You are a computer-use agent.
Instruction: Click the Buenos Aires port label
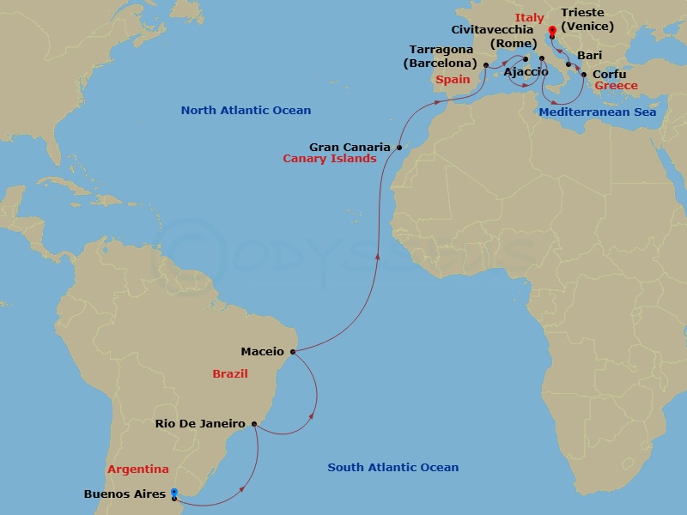click(x=125, y=494)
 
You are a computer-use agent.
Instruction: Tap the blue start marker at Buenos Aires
click(x=174, y=494)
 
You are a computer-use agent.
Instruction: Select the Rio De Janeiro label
click(x=200, y=423)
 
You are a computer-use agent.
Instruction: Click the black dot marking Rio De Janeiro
click(x=254, y=423)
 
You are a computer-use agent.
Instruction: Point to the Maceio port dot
click(x=294, y=351)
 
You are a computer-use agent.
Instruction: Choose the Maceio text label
click(x=262, y=351)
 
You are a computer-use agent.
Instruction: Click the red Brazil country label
click(x=230, y=373)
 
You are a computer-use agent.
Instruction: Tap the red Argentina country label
click(x=138, y=470)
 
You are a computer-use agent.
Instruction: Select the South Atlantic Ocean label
click(x=393, y=467)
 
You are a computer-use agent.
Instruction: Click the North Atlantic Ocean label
click(x=246, y=111)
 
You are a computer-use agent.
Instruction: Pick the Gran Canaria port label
click(x=350, y=147)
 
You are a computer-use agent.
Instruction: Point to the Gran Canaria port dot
click(x=399, y=148)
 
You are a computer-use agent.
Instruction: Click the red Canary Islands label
click(x=330, y=159)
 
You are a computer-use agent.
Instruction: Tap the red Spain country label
click(x=453, y=79)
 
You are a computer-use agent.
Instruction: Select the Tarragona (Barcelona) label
click(x=441, y=56)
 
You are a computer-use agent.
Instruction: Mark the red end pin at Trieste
click(x=552, y=32)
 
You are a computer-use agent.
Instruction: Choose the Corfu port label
click(x=610, y=74)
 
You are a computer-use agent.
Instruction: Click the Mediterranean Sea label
click(x=598, y=112)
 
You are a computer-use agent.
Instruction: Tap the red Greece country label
click(x=617, y=86)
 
